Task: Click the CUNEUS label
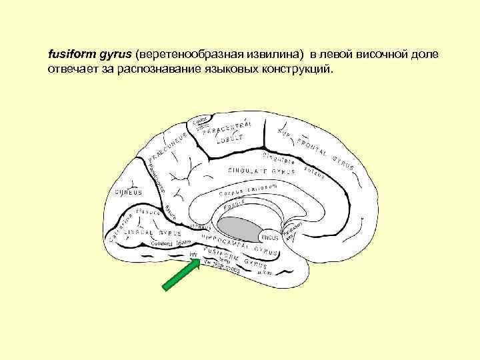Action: tap(128, 193)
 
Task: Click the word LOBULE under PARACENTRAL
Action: tap(228, 141)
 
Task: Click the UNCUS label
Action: tap(270, 237)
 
